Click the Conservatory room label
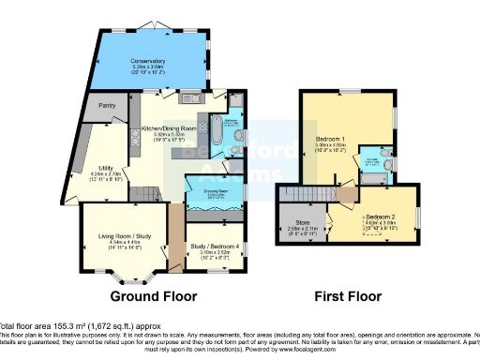click(x=147, y=63)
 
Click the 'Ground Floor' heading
click(x=154, y=296)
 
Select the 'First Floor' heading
click(x=347, y=296)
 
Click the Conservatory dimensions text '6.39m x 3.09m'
click(x=147, y=68)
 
